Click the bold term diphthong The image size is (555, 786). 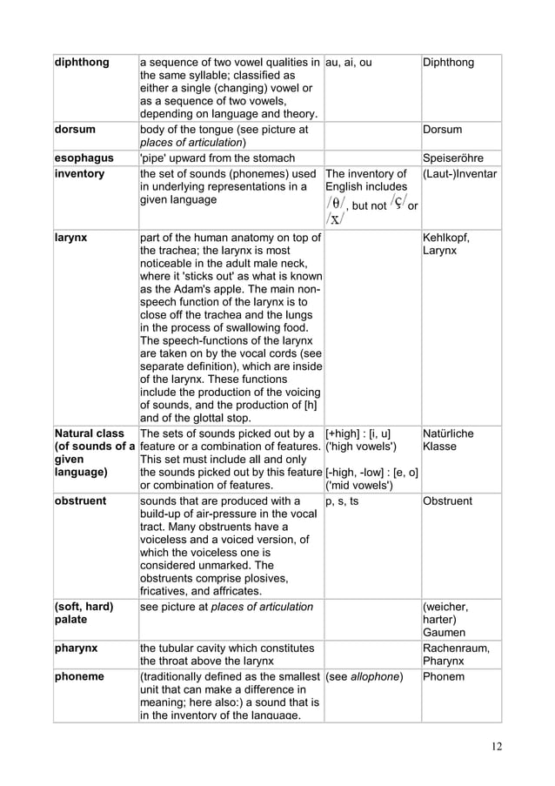(x=81, y=63)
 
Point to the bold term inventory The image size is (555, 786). (x=79, y=174)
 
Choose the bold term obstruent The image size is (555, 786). (x=83, y=501)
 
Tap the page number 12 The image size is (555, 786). (x=497, y=745)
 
